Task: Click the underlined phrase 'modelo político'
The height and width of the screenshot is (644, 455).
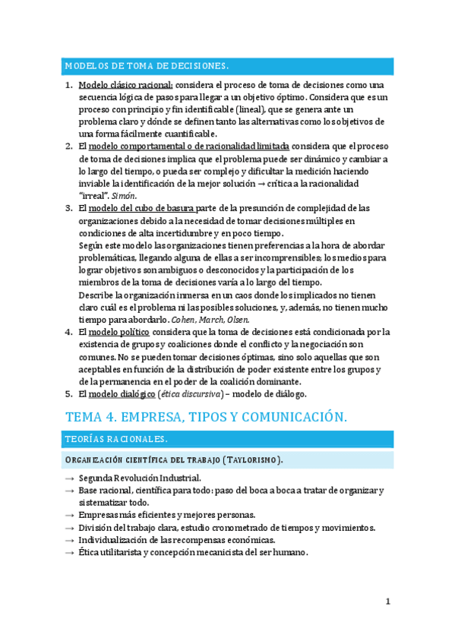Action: pyautogui.click(x=119, y=332)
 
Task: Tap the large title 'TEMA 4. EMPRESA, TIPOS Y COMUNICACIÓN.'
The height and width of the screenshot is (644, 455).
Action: pyautogui.click(x=207, y=417)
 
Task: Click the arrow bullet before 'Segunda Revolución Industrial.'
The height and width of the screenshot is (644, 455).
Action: pyautogui.click(x=69, y=478)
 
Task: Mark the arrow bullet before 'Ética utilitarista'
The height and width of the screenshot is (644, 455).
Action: pyautogui.click(x=69, y=552)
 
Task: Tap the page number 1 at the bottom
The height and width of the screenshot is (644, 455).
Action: pyautogui.click(x=387, y=601)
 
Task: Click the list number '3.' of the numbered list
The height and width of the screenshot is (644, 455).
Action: pyautogui.click(x=69, y=207)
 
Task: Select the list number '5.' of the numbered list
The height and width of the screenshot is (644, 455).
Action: pyautogui.click(x=69, y=393)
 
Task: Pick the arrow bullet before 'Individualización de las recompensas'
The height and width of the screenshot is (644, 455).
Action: pyautogui.click(x=69, y=540)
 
